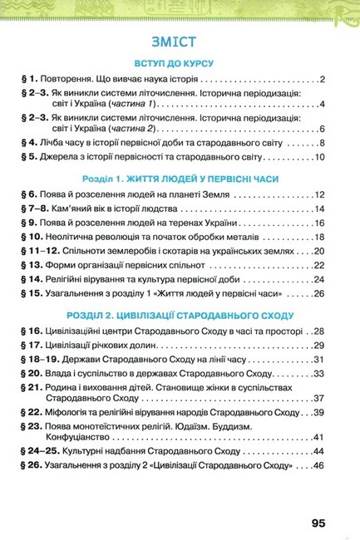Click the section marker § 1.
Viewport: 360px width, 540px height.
[x=29, y=80]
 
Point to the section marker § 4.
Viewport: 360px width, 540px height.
[x=29, y=142]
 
